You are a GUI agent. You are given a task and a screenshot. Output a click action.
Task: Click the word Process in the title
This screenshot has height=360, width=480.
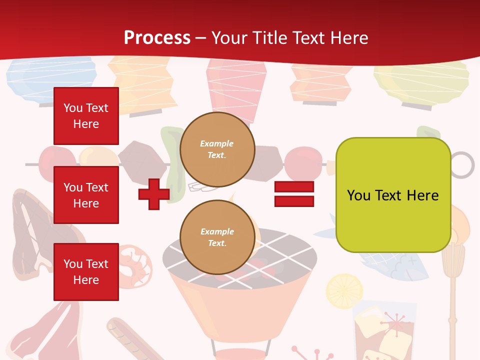click(157, 37)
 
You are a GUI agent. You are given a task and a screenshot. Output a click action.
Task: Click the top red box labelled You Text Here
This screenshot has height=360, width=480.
click(86, 116)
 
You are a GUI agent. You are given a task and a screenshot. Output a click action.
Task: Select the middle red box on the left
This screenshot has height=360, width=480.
click(86, 195)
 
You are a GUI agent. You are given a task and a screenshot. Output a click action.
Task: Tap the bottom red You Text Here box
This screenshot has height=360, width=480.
click(86, 271)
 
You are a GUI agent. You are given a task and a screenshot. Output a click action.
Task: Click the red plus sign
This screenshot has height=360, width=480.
click(154, 194)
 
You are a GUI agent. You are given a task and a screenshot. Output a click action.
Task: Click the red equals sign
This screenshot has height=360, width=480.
click(294, 194)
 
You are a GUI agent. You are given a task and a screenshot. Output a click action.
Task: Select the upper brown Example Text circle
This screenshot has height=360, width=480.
click(217, 149)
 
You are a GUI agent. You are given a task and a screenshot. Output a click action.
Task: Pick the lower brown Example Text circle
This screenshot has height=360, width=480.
click(217, 237)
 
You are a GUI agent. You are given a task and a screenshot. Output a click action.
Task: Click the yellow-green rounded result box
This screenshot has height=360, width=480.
click(393, 195)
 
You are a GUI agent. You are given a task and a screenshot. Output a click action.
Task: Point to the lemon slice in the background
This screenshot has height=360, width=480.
click(344, 290)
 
